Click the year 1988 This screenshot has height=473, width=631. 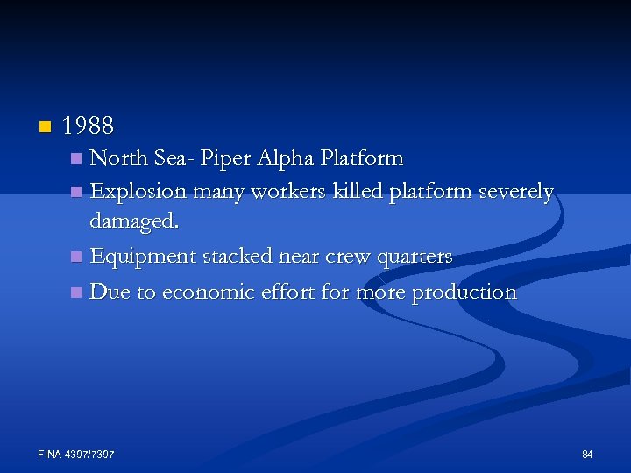[89, 126]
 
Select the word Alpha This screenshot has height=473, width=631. [287, 159]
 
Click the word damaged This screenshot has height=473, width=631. [134, 223]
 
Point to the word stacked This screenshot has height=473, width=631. [235, 256]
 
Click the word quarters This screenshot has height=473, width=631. [415, 257]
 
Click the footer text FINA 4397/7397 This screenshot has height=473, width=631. [77, 454]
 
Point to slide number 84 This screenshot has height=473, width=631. [587, 454]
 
